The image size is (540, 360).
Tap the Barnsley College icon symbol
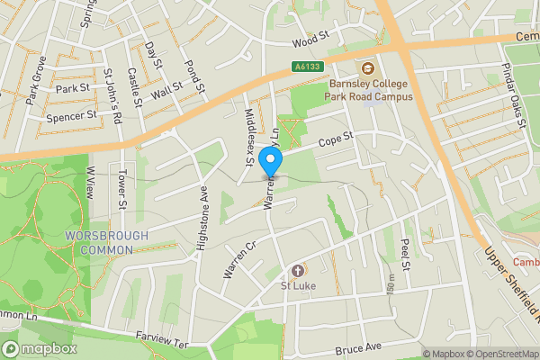[367, 68]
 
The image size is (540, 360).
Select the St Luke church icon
[298, 270]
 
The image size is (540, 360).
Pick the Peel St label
[406, 256]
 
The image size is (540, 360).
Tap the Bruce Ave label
[358, 347]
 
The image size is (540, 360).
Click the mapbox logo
[39, 348]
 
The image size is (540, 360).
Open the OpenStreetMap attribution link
[499, 354]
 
